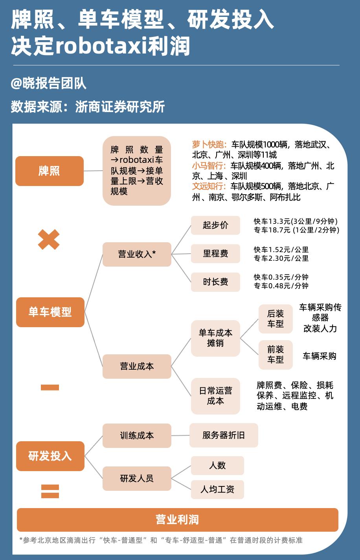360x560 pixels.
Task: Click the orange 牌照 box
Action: click(50, 171)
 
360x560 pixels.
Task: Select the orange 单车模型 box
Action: click(50, 312)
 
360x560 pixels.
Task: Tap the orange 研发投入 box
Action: click(50, 456)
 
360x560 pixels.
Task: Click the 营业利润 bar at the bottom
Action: click(178, 519)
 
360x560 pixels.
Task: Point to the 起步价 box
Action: click(215, 225)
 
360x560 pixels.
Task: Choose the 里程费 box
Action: click(215, 254)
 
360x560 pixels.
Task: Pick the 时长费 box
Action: click(215, 282)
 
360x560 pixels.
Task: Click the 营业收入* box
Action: click(137, 254)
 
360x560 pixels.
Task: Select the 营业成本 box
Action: click(137, 367)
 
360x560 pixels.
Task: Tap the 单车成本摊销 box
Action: click(215, 338)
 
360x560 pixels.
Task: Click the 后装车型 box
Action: click(276, 319)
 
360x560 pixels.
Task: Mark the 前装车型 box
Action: click(276, 355)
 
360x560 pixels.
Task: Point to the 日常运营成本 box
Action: click(215, 396)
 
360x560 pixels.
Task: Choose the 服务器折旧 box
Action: click(224, 435)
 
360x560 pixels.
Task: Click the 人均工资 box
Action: click(217, 490)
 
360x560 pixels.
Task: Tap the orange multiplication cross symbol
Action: click(49, 239)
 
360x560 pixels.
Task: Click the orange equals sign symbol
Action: click(50, 491)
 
